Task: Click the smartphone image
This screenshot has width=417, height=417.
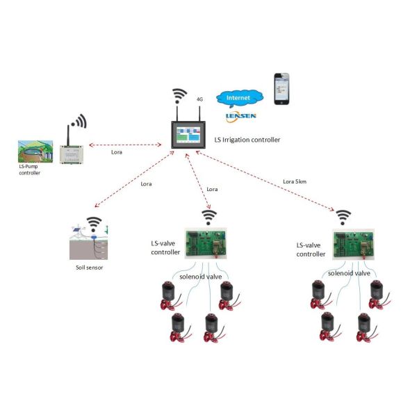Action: [x=281, y=88]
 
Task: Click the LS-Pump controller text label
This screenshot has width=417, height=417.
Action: [x=30, y=170]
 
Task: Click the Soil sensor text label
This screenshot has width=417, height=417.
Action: [x=89, y=266]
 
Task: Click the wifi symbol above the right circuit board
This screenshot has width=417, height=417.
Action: [x=343, y=218]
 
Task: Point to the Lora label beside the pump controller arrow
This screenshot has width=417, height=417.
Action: [x=119, y=151]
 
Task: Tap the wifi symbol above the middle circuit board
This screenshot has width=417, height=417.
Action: [x=206, y=215]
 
